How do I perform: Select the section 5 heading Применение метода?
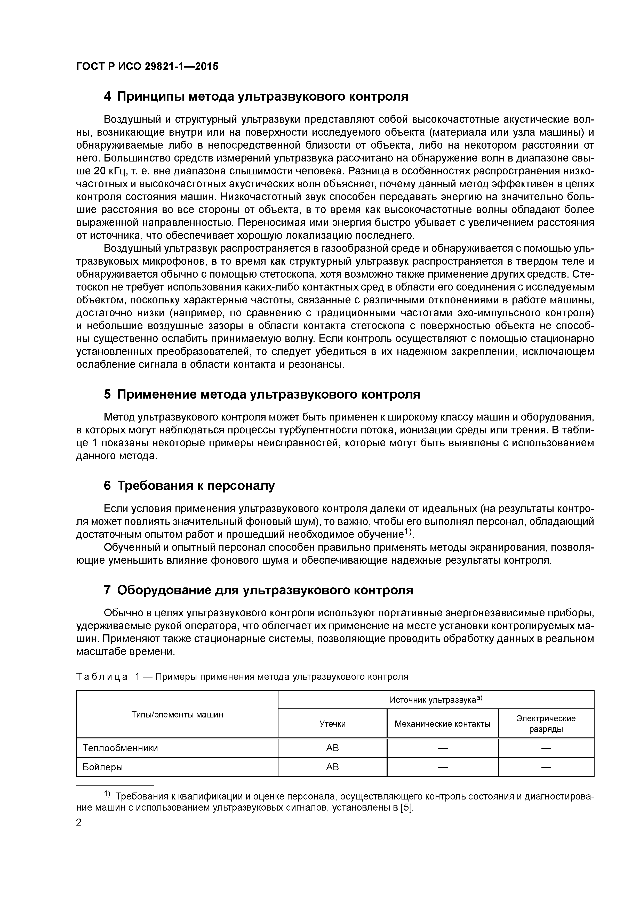(x=262, y=394)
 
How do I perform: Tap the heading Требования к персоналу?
(x=189, y=486)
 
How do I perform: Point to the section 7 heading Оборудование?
(x=258, y=590)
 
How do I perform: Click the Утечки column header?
(x=332, y=724)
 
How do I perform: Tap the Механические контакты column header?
(x=442, y=724)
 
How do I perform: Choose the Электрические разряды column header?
(x=546, y=724)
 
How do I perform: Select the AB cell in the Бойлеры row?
(x=332, y=767)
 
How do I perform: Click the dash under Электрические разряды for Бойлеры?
(x=546, y=767)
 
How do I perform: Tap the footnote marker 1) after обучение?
(x=406, y=532)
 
